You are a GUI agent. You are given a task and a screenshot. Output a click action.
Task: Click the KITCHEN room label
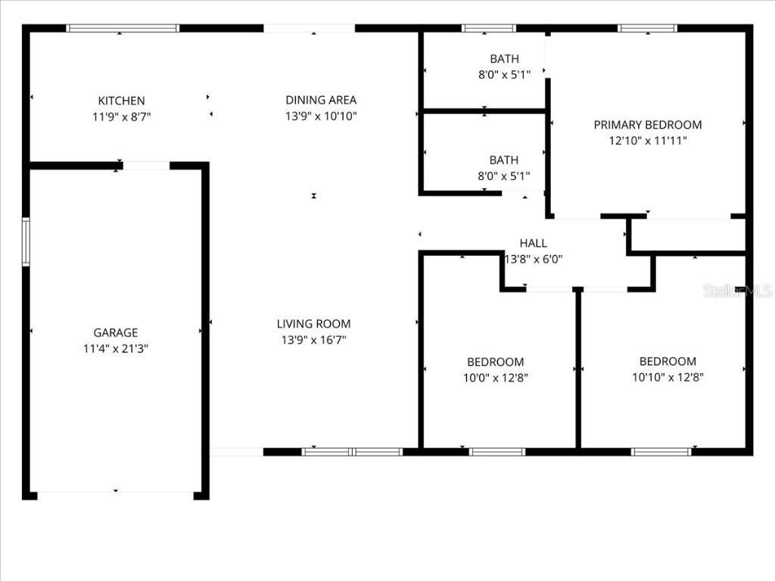click(x=121, y=101)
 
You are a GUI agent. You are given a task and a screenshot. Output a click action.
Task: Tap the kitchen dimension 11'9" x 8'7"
click(x=121, y=117)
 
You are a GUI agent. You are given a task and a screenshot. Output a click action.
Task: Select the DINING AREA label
click(x=321, y=100)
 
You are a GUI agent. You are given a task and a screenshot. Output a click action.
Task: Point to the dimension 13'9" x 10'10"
click(x=321, y=117)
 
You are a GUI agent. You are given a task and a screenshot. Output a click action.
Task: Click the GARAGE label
click(x=115, y=332)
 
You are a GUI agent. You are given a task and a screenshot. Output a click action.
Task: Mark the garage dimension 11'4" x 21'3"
click(x=115, y=349)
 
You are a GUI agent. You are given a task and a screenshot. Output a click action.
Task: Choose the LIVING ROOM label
click(x=313, y=324)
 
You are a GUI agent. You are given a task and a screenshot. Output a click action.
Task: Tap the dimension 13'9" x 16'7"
click(x=313, y=340)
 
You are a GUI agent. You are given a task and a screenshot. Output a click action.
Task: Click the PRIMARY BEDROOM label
click(x=647, y=125)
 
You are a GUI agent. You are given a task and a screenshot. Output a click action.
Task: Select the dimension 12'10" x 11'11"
click(x=647, y=141)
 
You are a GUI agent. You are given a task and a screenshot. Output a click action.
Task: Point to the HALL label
click(x=533, y=243)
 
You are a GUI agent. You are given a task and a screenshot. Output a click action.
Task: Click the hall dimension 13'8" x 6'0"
click(x=533, y=259)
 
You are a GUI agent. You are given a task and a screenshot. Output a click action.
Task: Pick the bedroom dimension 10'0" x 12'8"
click(x=495, y=378)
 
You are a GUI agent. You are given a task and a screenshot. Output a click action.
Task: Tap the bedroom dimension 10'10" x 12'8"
click(x=668, y=378)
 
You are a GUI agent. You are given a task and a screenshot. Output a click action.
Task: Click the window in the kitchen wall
click(x=123, y=29)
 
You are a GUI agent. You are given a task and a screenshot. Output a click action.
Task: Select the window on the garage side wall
click(x=26, y=242)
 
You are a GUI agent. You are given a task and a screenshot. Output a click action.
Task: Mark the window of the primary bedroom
click(x=647, y=29)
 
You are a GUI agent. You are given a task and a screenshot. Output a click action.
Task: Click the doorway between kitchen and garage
click(x=146, y=166)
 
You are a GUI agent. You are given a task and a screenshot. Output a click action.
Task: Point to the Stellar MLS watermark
click(x=736, y=290)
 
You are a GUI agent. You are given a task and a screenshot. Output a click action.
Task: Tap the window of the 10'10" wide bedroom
click(x=661, y=452)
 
